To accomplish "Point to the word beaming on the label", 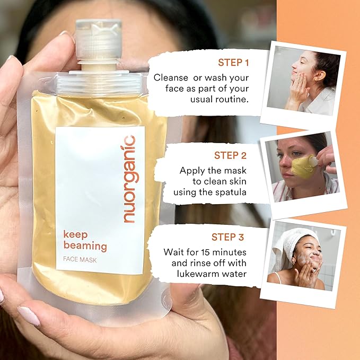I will coord(85,246).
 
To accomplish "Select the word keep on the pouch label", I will coord(75,234).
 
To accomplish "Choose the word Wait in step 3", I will coord(174,252).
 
